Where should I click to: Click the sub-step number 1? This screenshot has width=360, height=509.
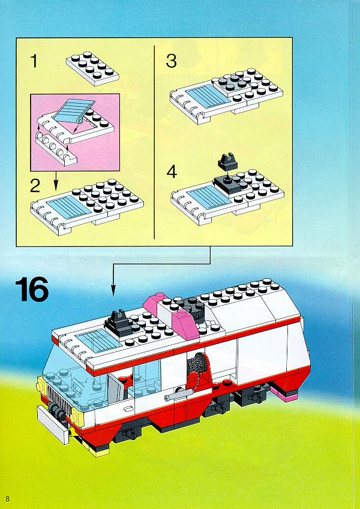click(34, 61)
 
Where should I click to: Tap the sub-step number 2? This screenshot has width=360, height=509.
click(35, 185)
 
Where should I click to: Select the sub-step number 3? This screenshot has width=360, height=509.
click(171, 61)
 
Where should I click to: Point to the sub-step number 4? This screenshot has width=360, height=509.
click(172, 172)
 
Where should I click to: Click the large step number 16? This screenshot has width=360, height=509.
click(32, 289)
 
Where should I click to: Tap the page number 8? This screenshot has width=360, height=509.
click(7, 499)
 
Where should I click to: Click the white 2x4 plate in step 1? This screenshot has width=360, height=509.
click(92, 68)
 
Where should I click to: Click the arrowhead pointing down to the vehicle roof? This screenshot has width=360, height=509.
click(113, 291)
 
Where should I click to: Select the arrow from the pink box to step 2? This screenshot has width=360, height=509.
click(56, 180)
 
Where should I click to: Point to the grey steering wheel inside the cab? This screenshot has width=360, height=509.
click(115, 388)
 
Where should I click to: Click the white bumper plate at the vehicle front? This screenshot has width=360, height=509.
click(53, 424)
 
